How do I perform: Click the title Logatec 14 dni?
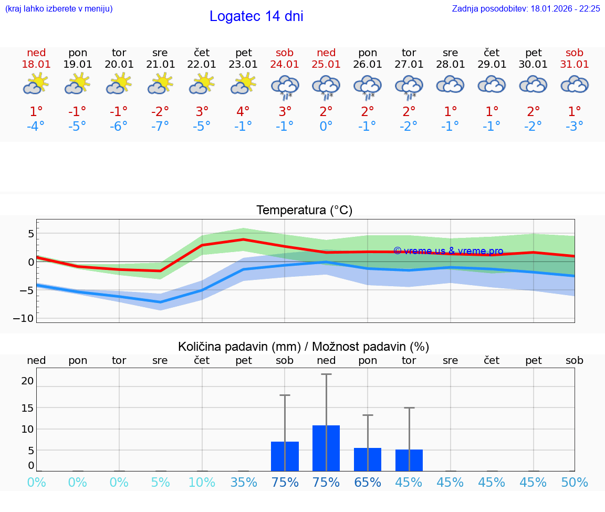(x=256, y=16)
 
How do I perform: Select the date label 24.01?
(x=285, y=65)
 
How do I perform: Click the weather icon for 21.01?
(x=160, y=84)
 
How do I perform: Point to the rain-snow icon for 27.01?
(x=409, y=87)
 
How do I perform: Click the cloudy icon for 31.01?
(x=575, y=85)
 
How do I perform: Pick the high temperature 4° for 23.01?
(x=243, y=111)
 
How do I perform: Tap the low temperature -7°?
(x=160, y=127)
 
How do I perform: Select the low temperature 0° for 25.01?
(x=326, y=127)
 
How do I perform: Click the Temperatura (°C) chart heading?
(x=304, y=211)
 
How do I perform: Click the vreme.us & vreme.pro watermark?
(x=448, y=251)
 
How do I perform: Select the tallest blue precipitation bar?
(x=326, y=448)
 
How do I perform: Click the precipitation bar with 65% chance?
(x=368, y=459)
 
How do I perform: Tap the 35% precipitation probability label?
(x=243, y=482)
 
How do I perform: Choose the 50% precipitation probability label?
(x=575, y=482)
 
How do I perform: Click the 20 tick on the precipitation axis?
(x=27, y=381)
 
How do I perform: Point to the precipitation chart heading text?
(x=304, y=347)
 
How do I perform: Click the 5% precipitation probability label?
(x=160, y=482)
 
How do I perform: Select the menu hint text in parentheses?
(x=59, y=8)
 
